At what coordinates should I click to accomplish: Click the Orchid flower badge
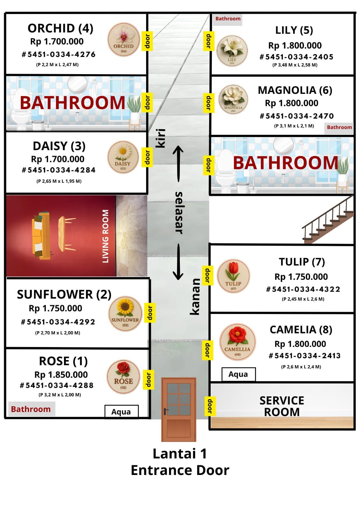124,39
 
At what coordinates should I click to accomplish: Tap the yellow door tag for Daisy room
147,157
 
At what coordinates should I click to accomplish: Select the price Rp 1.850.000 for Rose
61,374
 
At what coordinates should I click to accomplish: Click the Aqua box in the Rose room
121,412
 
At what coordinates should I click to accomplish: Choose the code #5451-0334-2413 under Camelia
305,356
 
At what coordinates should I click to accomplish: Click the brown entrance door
179,409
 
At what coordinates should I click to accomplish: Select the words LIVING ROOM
105,236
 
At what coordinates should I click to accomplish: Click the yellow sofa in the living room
42,235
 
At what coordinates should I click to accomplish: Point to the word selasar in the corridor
179,213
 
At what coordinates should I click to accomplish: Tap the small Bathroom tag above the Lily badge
228,19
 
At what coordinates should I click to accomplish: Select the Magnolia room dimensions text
294,126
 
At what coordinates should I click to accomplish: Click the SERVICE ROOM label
282,406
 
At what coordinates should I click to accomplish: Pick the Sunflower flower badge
125,314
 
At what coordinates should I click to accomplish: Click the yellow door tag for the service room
210,406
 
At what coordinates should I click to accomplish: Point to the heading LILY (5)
294,30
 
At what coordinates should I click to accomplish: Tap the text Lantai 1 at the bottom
180,454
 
